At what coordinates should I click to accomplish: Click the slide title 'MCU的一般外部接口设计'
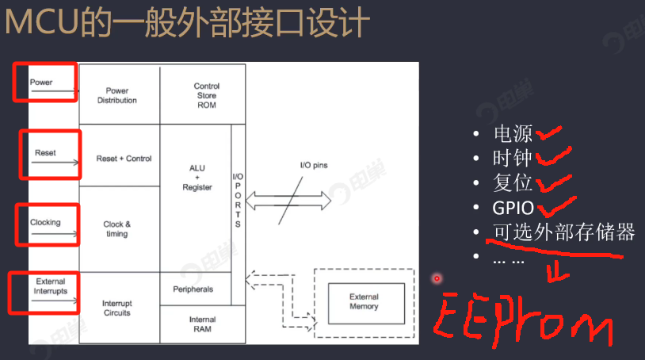coord(187,23)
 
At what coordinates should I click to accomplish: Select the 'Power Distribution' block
coord(117,95)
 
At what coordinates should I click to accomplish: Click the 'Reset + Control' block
coord(124,159)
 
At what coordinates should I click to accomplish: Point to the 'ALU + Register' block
coord(197,178)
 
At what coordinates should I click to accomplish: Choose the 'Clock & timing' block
coord(117,229)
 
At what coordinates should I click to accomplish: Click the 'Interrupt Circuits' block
coord(116,308)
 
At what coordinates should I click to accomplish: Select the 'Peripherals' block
coord(193,289)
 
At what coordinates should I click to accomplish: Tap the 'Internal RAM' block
coord(202,324)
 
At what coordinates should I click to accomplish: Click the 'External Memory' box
coord(364,301)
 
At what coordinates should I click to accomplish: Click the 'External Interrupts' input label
coord(51,286)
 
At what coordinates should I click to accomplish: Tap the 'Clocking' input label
coord(45,222)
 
